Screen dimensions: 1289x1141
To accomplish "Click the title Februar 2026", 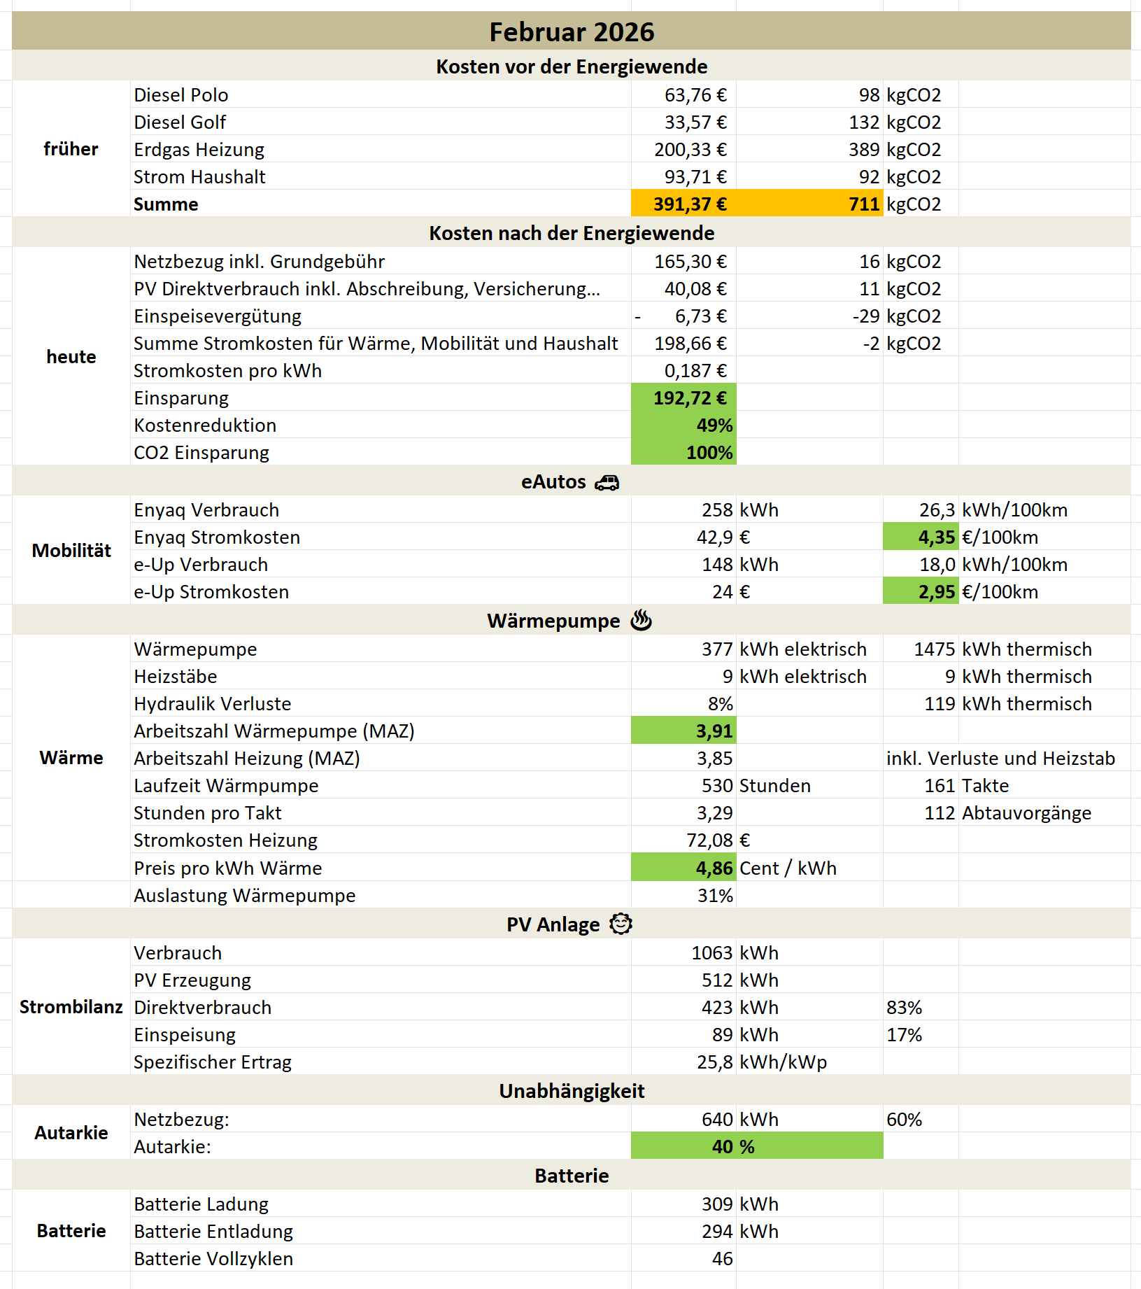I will point(571,32).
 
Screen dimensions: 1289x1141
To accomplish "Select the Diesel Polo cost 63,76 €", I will point(695,95).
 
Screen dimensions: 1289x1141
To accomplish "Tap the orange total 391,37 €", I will point(690,204).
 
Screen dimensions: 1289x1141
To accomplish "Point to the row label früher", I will point(71,149).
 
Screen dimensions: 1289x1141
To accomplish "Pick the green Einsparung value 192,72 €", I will point(690,398).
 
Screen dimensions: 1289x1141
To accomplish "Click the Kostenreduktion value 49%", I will point(714,425).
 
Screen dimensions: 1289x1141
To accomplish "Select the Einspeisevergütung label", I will point(218,316).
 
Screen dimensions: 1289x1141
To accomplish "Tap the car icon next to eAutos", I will point(607,483).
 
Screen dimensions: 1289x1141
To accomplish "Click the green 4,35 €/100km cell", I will point(936,537).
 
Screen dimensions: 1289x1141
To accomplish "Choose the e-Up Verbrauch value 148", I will point(717,565).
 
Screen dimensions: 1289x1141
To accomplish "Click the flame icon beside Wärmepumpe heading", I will point(641,621).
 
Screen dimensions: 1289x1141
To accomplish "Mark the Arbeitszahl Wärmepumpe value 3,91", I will point(714,731).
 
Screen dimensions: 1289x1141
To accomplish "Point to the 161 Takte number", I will point(940,786).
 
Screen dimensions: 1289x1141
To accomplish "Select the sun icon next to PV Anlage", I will point(621,924).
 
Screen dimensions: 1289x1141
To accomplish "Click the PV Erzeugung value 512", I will point(717,980).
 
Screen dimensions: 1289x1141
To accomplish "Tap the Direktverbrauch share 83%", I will point(904,1008).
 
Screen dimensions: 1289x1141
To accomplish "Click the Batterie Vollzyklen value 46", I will point(722,1259).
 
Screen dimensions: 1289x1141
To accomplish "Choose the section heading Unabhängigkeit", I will point(571,1092).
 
